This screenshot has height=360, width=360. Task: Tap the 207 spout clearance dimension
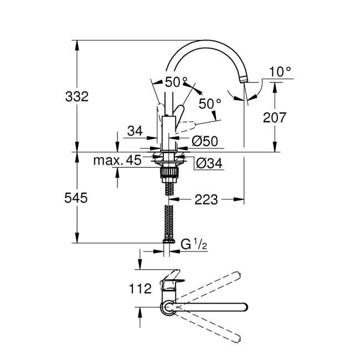274,117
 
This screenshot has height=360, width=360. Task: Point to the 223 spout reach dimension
206,199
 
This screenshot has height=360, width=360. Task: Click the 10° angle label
280,71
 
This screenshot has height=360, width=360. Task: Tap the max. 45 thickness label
116,161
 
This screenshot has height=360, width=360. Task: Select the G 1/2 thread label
193,243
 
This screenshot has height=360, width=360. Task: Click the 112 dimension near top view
140,289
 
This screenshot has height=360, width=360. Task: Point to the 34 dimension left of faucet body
135,131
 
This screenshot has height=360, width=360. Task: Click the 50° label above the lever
176,82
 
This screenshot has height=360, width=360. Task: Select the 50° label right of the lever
210,103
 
